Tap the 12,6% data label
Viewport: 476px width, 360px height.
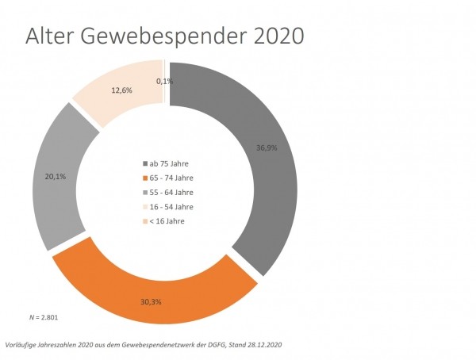point(122,90)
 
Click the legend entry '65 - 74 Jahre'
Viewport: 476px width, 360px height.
point(171,178)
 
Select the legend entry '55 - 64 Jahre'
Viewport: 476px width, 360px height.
point(171,192)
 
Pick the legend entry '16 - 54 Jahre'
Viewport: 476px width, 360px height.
point(171,206)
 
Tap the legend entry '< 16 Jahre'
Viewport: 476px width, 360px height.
point(167,220)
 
